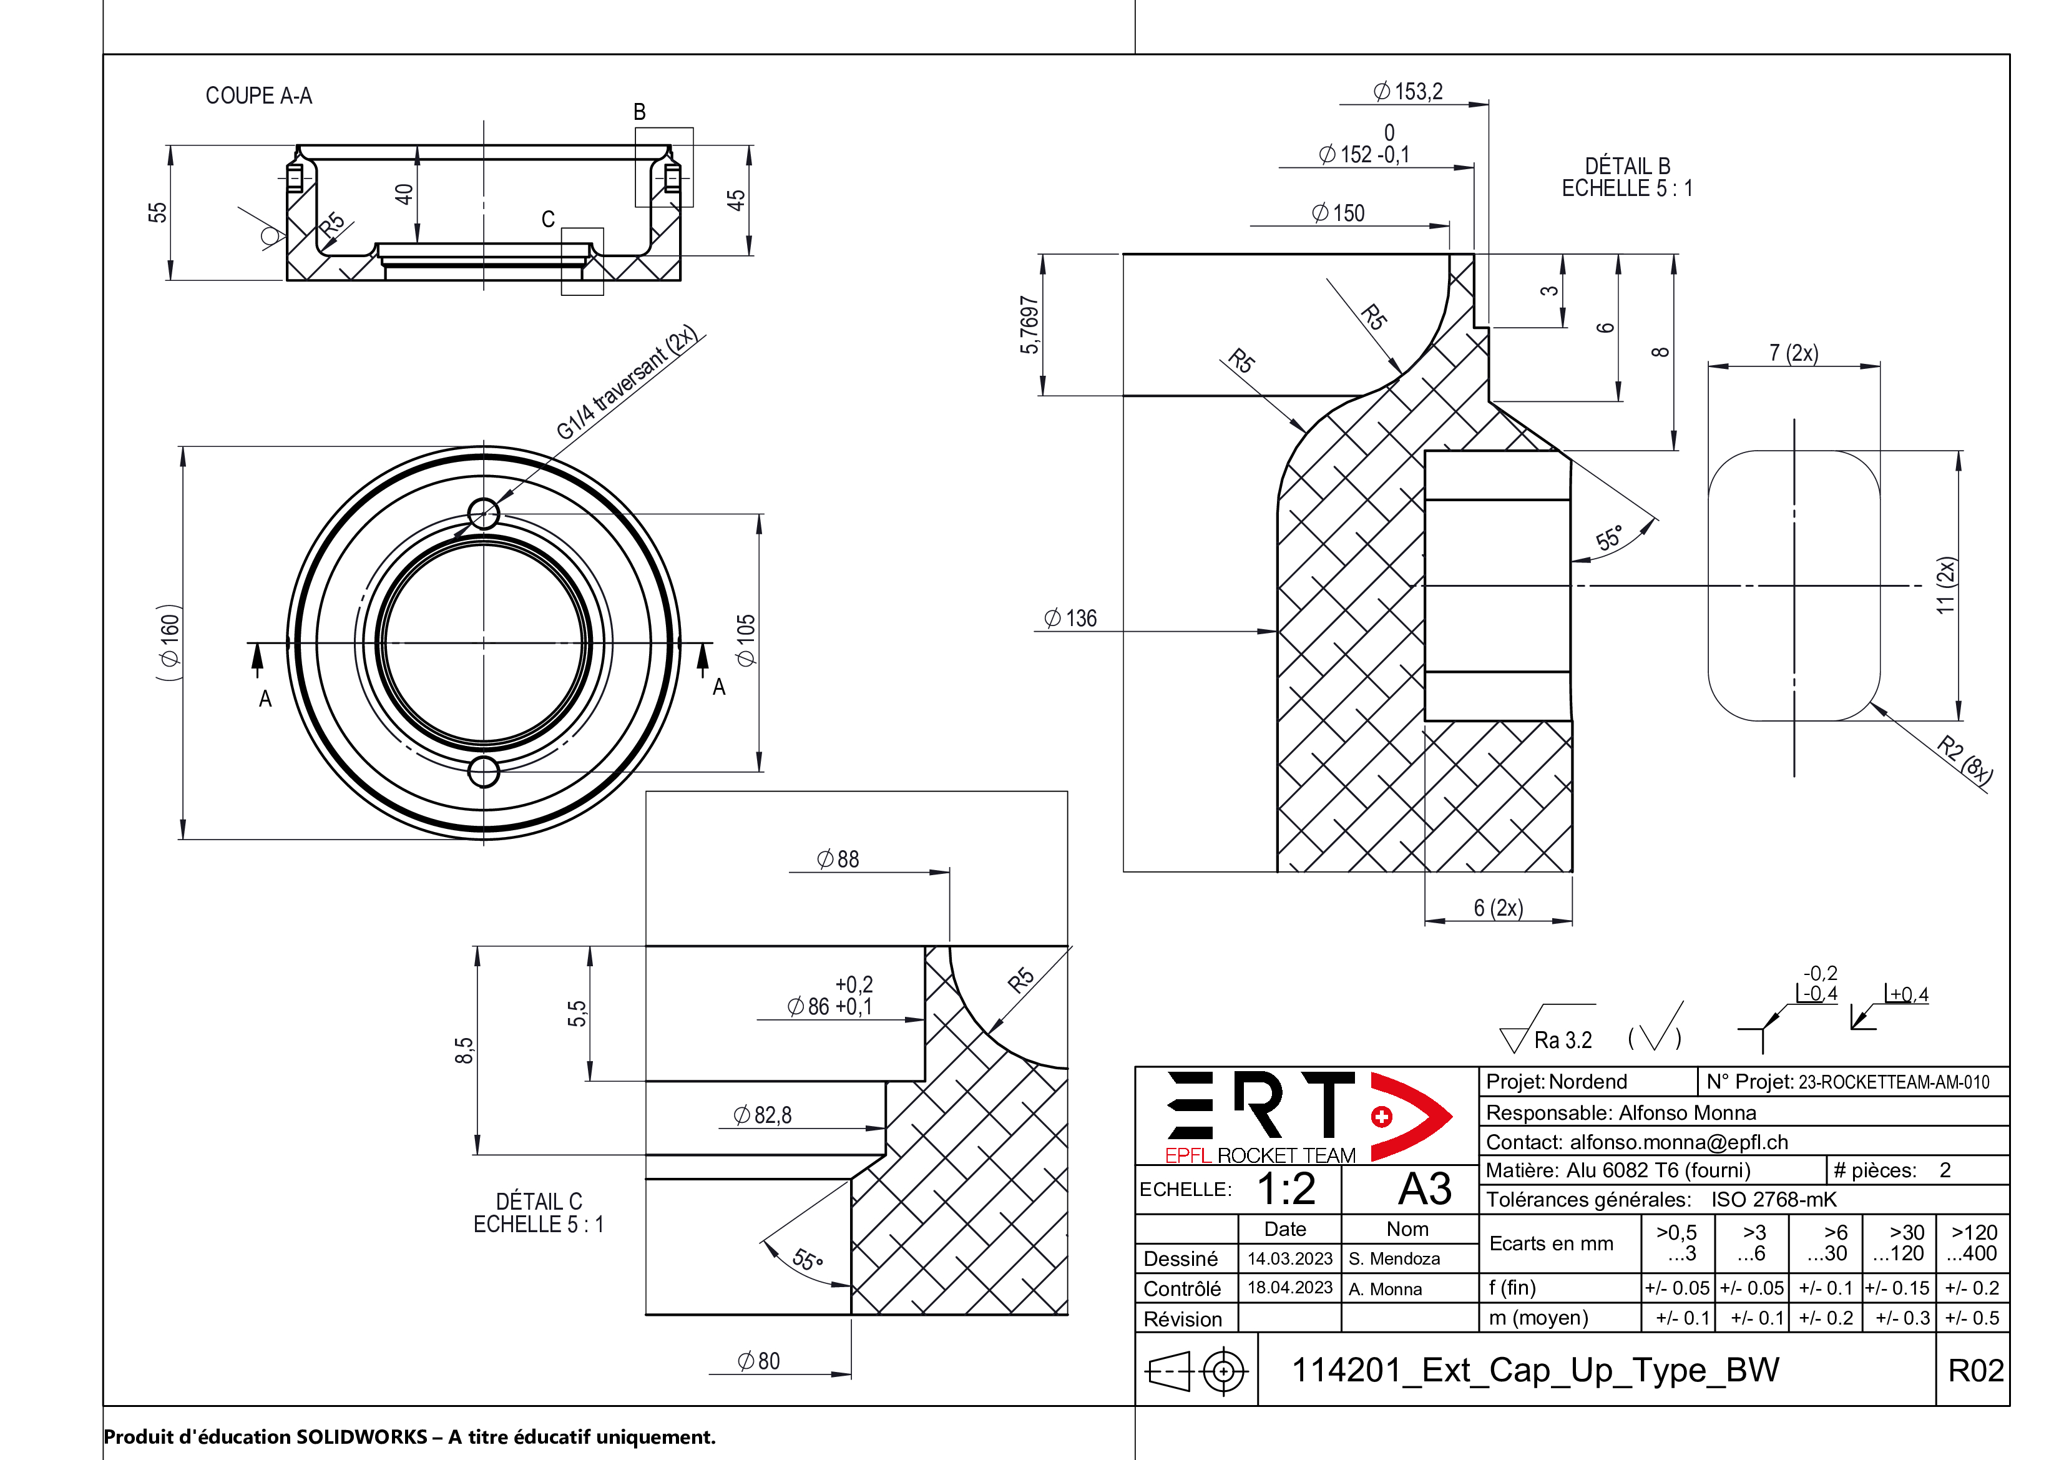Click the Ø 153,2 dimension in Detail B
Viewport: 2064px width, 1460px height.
point(1408,92)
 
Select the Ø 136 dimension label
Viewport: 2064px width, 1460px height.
point(1070,619)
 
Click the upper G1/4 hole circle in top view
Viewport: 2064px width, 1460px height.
point(484,514)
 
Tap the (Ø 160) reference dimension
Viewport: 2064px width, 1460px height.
point(170,641)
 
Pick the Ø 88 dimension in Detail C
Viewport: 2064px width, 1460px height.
point(837,860)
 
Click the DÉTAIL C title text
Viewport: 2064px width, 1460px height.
point(539,1202)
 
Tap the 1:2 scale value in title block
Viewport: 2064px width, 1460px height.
point(1286,1188)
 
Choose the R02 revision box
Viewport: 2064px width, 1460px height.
point(1975,1371)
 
